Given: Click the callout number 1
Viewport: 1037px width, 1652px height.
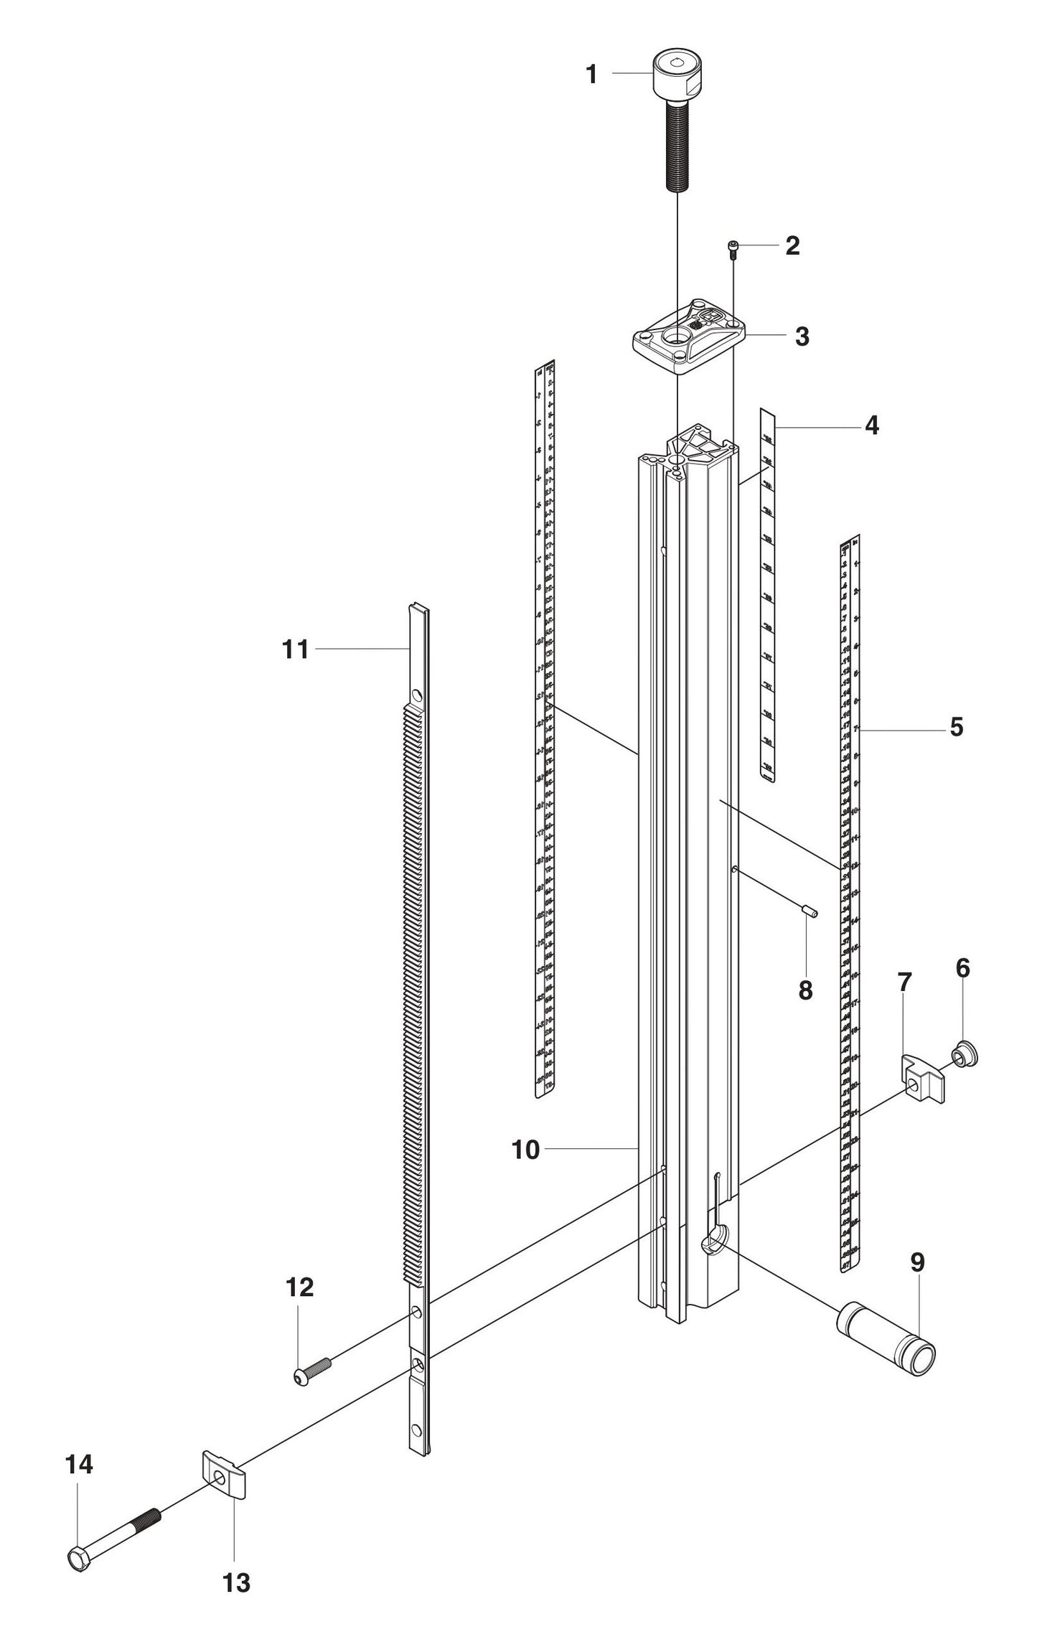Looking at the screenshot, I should pyautogui.click(x=591, y=74).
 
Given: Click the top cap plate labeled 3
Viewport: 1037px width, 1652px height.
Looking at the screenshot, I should pyautogui.click(x=688, y=337).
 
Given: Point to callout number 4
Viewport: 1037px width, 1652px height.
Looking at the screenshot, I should pyautogui.click(x=871, y=426).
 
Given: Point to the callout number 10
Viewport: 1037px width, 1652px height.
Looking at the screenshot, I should pyautogui.click(x=525, y=1150).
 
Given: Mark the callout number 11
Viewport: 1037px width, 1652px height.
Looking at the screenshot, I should pyautogui.click(x=295, y=650).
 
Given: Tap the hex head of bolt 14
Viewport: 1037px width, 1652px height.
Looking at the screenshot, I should pyautogui.click(x=79, y=1559).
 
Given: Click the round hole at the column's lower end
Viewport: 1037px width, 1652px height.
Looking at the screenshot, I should pyautogui.click(x=715, y=1240).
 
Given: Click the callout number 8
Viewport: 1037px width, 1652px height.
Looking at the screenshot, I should pyautogui.click(x=805, y=991).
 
